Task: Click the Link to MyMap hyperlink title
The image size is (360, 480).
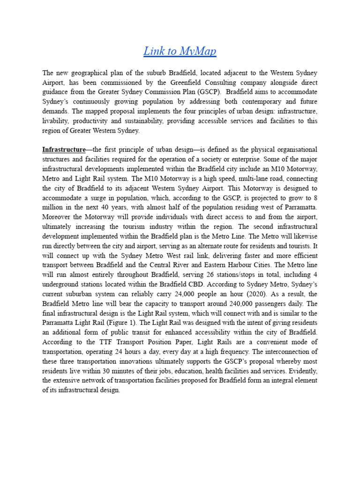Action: point(180,51)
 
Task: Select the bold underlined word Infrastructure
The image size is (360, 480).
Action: point(64,150)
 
